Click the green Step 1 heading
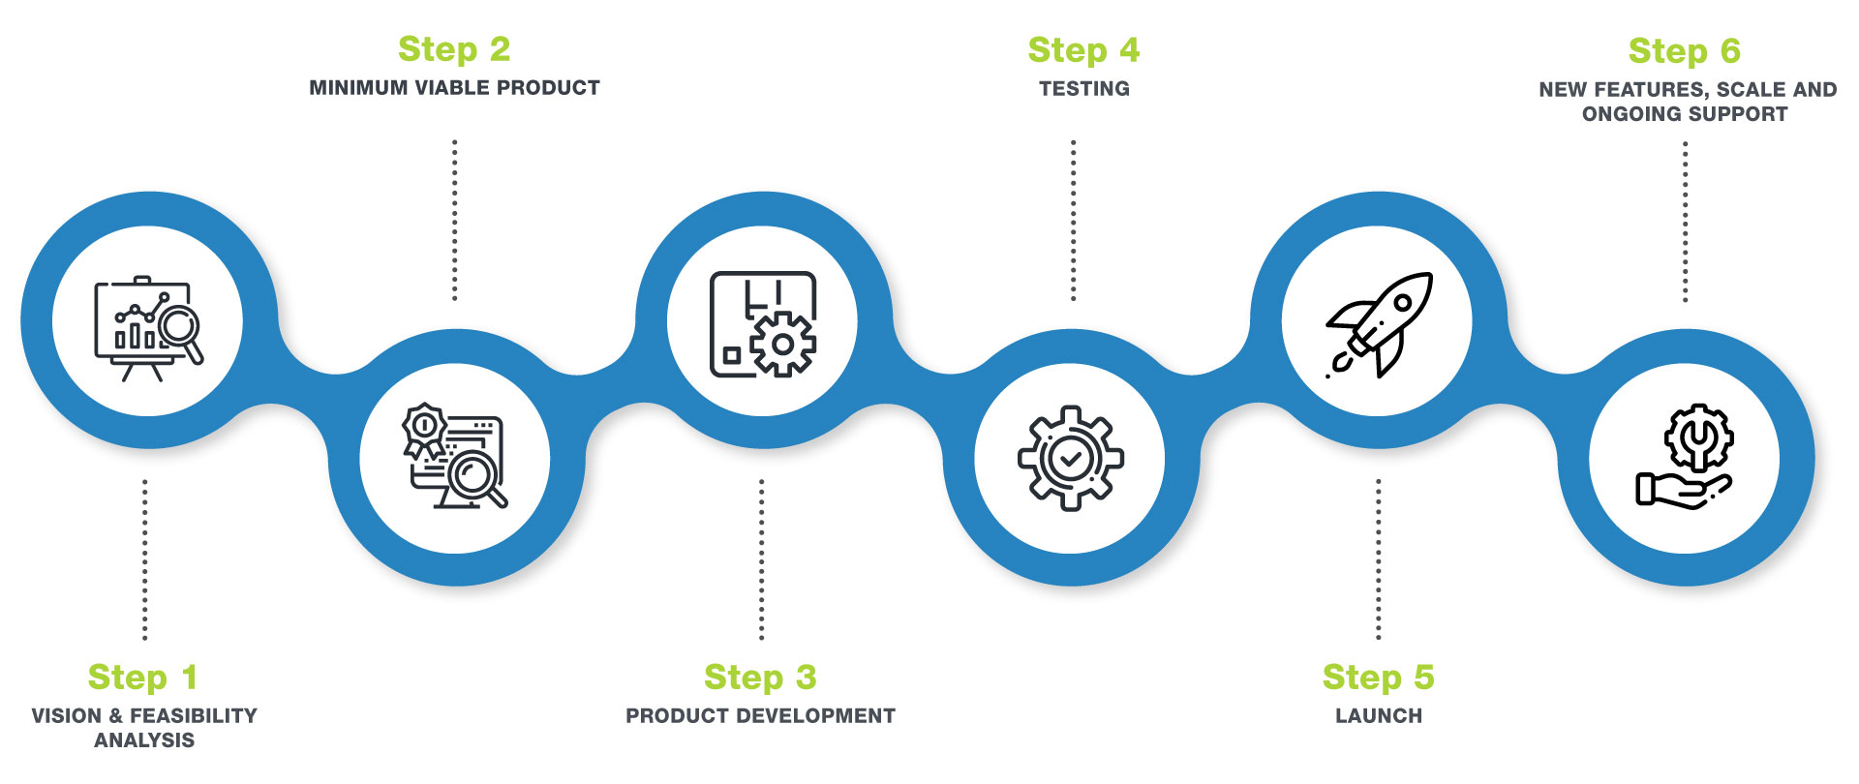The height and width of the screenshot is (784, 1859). [x=143, y=678]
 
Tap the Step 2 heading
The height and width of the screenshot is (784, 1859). [x=454, y=49]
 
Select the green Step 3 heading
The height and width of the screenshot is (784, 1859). [x=760, y=678]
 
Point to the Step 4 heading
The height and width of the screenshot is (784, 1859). [x=1083, y=50]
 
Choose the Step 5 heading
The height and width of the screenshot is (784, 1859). [x=1378, y=678]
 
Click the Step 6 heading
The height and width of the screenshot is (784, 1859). [x=1684, y=51]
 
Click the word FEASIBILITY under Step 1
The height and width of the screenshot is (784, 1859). [x=194, y=716]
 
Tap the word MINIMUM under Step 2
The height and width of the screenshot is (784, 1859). [x=358, y=88]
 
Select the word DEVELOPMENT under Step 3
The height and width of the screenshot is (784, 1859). [x=830, y=716]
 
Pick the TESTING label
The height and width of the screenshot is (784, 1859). [x=1084, y=89]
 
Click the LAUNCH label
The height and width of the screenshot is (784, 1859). [x=1379, y=716]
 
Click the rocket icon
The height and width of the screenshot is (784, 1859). [x=1379, y=323]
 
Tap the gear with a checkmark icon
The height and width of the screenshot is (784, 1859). [x=1070, y=458]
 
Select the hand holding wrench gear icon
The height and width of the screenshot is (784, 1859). [x=1685, y=457]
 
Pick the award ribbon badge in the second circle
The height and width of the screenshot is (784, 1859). [x=424, y=428]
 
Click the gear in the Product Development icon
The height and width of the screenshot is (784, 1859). [x=782, y=344]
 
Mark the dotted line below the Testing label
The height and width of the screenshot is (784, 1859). [x=1073, y=221]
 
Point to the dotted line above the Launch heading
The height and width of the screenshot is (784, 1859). [x=1378, y=559]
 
